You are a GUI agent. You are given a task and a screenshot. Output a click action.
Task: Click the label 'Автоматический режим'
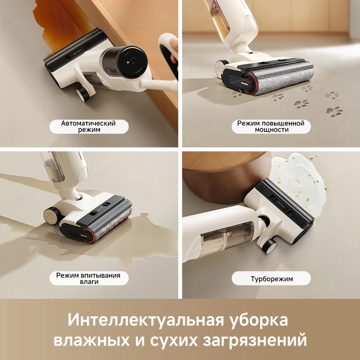pyautogui.click(x=89, y=126)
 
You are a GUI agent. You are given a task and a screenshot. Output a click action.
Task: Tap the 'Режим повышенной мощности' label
pyautogui.click(x=271, y=126)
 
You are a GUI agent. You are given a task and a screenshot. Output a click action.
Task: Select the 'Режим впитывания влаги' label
pyautogui.click(x=88, y=279)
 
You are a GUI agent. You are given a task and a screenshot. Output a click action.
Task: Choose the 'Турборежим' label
pyautogui.click(x=271, y=279)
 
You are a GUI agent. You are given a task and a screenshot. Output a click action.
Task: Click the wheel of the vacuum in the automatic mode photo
pyautogui.click(x=83, y=94)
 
